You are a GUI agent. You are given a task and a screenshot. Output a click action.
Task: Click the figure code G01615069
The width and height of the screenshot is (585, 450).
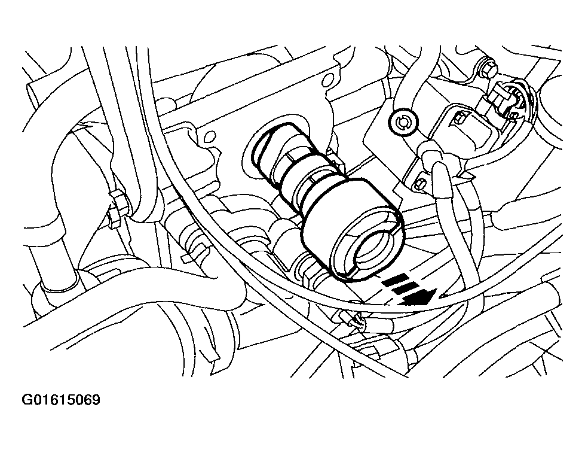tap(61, 400)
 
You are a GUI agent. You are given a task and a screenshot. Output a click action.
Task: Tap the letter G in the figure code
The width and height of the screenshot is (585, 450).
tap(27, 400)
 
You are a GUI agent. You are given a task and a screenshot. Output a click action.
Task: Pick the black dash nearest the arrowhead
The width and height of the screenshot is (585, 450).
tap(405, 288)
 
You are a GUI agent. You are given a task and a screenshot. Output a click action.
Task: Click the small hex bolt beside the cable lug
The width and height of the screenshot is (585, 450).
tap(421, 184)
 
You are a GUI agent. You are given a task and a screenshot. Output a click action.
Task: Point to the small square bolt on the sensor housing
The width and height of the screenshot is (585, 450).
tap(457, 120)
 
